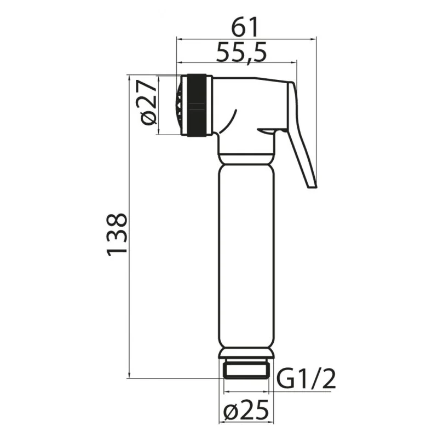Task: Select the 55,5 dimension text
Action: [x=241, y=53]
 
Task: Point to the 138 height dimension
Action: [x=117, y=235]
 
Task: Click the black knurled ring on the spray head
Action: [x=197, y=105]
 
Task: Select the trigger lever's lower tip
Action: [x=312, y=187]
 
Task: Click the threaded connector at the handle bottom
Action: [x=246, y=370]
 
